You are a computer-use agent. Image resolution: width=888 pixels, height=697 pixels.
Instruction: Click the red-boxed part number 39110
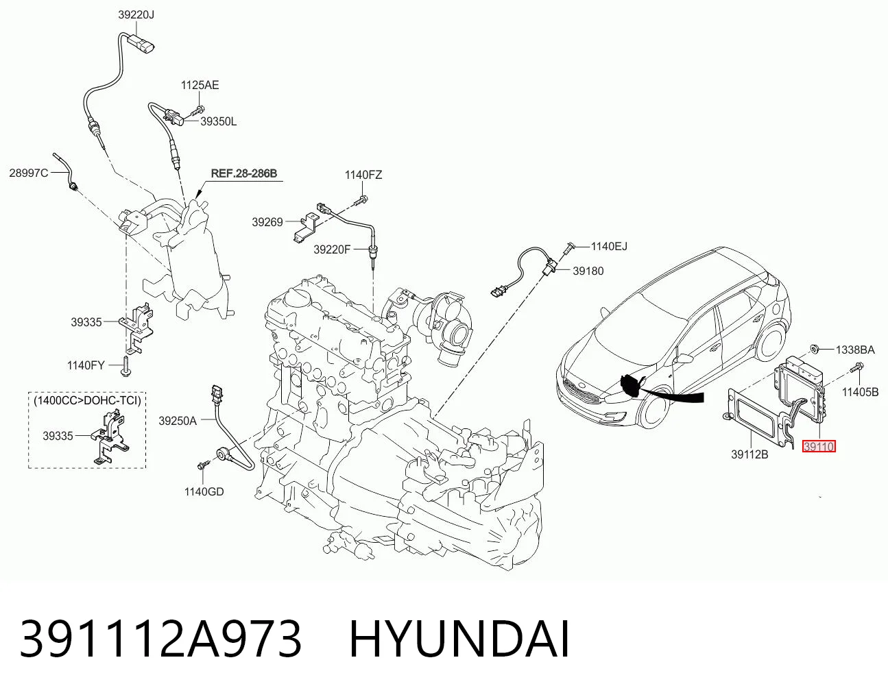click(819, 447)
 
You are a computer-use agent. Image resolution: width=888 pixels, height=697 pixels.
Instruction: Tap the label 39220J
click(136, 15)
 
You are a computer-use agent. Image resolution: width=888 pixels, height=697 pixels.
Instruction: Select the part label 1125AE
click(200, 85)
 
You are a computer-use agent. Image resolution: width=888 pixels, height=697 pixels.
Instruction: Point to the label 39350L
click(218, 122)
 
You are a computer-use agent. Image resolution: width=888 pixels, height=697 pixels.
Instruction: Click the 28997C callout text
click(29, 173)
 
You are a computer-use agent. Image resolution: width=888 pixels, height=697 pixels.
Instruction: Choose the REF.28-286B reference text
click(244, 173)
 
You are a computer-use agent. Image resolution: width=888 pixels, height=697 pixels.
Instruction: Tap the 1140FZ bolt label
click(363, 175)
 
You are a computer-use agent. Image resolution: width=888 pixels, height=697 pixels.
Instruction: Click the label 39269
click(267, 222)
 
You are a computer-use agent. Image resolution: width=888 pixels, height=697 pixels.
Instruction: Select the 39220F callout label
click(332, 249)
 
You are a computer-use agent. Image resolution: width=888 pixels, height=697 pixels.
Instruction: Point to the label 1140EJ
click(609, 246)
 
